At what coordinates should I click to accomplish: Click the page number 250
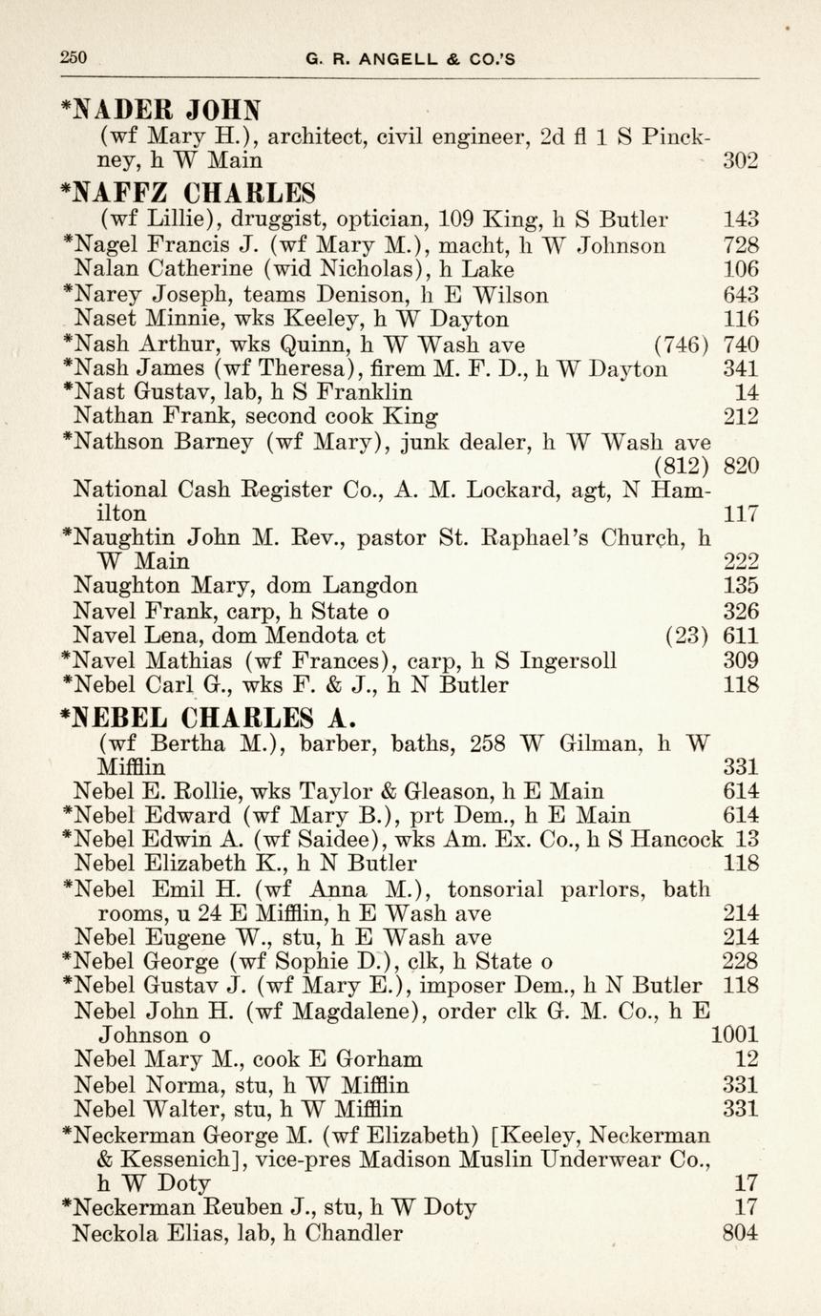click(73, 57)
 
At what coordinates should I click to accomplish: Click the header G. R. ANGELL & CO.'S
click(410, 58)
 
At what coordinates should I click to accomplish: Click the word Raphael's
click(530, 537)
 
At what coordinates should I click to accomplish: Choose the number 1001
click(736, 1034)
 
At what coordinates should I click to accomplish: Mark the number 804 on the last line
click(741, 1233)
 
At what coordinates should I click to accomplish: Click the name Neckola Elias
click(131, 1233)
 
